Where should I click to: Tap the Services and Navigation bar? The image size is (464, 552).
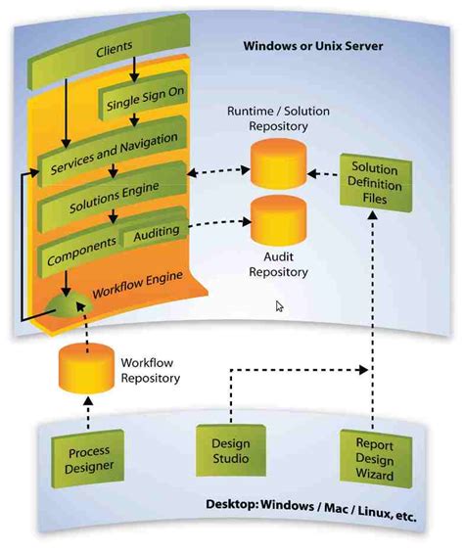pyautogui.click(x=112, y=157)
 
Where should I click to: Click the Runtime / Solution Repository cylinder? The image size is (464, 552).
pyautogui.click(x=279, y=163)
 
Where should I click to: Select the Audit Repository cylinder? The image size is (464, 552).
pyautogui.click(x=279, y=223)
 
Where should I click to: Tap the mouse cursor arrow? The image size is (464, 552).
pyautogui.click(x=279, y=306)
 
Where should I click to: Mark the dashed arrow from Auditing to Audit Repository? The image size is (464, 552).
pyautogui.click(x=215, y=225)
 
